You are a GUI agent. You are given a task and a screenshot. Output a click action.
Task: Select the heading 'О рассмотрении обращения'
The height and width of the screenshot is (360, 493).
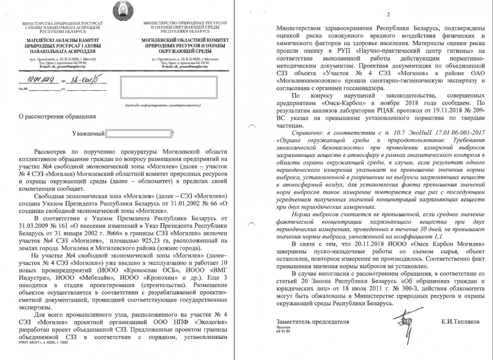(x=57, y=116)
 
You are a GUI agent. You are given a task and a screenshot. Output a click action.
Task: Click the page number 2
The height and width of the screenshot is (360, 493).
(x=388, y=15)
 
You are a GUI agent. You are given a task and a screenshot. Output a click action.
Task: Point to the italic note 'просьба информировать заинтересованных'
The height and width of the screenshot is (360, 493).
(x=163, y=105)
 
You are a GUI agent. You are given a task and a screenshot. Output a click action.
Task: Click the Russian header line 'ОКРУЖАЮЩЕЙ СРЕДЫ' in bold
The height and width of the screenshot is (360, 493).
(x=185, y=51)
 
